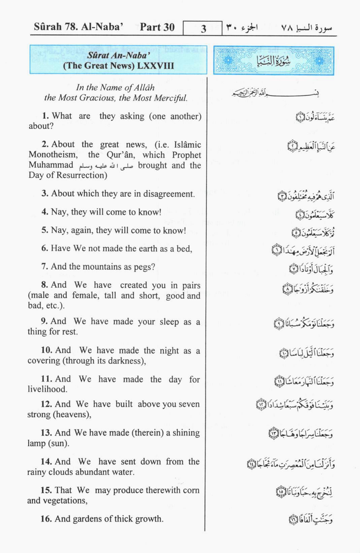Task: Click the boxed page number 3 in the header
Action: (203, 28)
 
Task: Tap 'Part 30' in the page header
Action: (157, 27)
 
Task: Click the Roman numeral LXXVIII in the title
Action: (155, 65)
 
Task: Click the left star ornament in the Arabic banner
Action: (228, 61)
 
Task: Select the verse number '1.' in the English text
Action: (45, 116)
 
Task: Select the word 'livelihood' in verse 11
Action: (47, 389)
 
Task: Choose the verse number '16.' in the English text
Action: (46, 519)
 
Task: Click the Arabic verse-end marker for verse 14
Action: (252, 464)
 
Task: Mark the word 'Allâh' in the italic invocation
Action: (144, 88)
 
